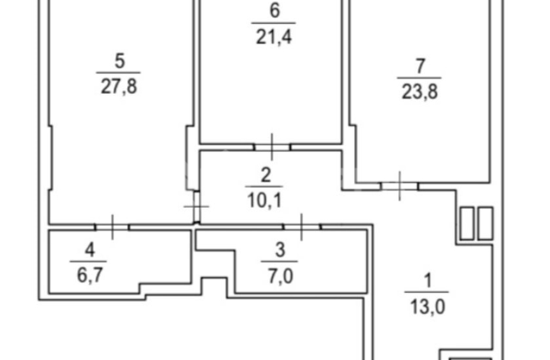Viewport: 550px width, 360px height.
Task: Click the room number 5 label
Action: click(119, 61)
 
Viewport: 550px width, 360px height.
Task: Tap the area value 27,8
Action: click(119, 86)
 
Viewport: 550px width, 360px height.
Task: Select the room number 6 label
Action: click(274, 11)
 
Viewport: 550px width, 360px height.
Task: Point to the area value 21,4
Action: click(274, 36)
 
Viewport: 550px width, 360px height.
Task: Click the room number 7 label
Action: click(420, 66)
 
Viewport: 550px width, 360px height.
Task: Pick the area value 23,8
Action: click(419, 92)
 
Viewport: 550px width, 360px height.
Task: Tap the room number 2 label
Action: click(265, 175)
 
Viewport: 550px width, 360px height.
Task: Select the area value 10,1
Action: click(264, 201)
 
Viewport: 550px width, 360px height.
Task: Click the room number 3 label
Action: click(280, 250)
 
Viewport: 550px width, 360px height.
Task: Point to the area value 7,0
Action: click(280, 276)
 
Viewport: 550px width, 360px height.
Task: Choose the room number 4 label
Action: click(90, 250)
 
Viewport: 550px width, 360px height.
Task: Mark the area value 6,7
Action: click(90, 276)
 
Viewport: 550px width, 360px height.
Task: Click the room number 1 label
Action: click(428, 281)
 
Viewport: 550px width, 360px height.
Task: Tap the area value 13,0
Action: click(428, 307)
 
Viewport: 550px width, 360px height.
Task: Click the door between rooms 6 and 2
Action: click(272, 147)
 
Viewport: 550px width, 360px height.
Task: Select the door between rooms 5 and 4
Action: click(112, 227)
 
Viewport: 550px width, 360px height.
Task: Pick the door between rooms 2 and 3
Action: click(302, 227)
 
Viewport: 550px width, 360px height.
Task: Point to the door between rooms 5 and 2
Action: click(197, 207)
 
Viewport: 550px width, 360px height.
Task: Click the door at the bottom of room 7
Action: click(400, 186)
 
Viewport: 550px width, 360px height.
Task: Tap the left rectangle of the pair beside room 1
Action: click(466, 223)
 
